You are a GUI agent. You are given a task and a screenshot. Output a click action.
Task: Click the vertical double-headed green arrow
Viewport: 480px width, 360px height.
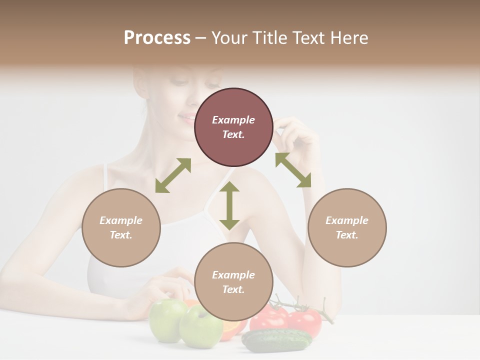pyautogui.click(x=229, y=205)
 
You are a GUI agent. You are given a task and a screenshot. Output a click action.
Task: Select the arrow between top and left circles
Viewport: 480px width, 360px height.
pyautogui.click(x=173, y=175)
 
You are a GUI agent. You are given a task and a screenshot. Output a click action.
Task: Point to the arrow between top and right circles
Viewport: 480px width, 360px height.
pyautogui.click(x=293, y=170)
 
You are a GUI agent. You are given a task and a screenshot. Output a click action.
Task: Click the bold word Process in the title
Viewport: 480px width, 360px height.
pyautogui.click(x=157, y=37)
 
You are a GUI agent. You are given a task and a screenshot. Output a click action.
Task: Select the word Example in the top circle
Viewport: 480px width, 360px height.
pyautogui.click(x=233, y=120)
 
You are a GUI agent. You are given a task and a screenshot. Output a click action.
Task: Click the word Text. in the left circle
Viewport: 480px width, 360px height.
pyautogui.click(x=121, y=235)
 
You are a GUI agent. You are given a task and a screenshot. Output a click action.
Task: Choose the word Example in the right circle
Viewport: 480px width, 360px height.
pyautogui.click(x=347, y=220)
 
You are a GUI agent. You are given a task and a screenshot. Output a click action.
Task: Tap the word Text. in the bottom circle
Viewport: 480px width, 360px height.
pyautogui.click(x=233, y=289)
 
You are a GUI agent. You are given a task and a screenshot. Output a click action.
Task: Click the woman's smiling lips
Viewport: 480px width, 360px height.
pyautogui.click(x=187, y=119)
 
